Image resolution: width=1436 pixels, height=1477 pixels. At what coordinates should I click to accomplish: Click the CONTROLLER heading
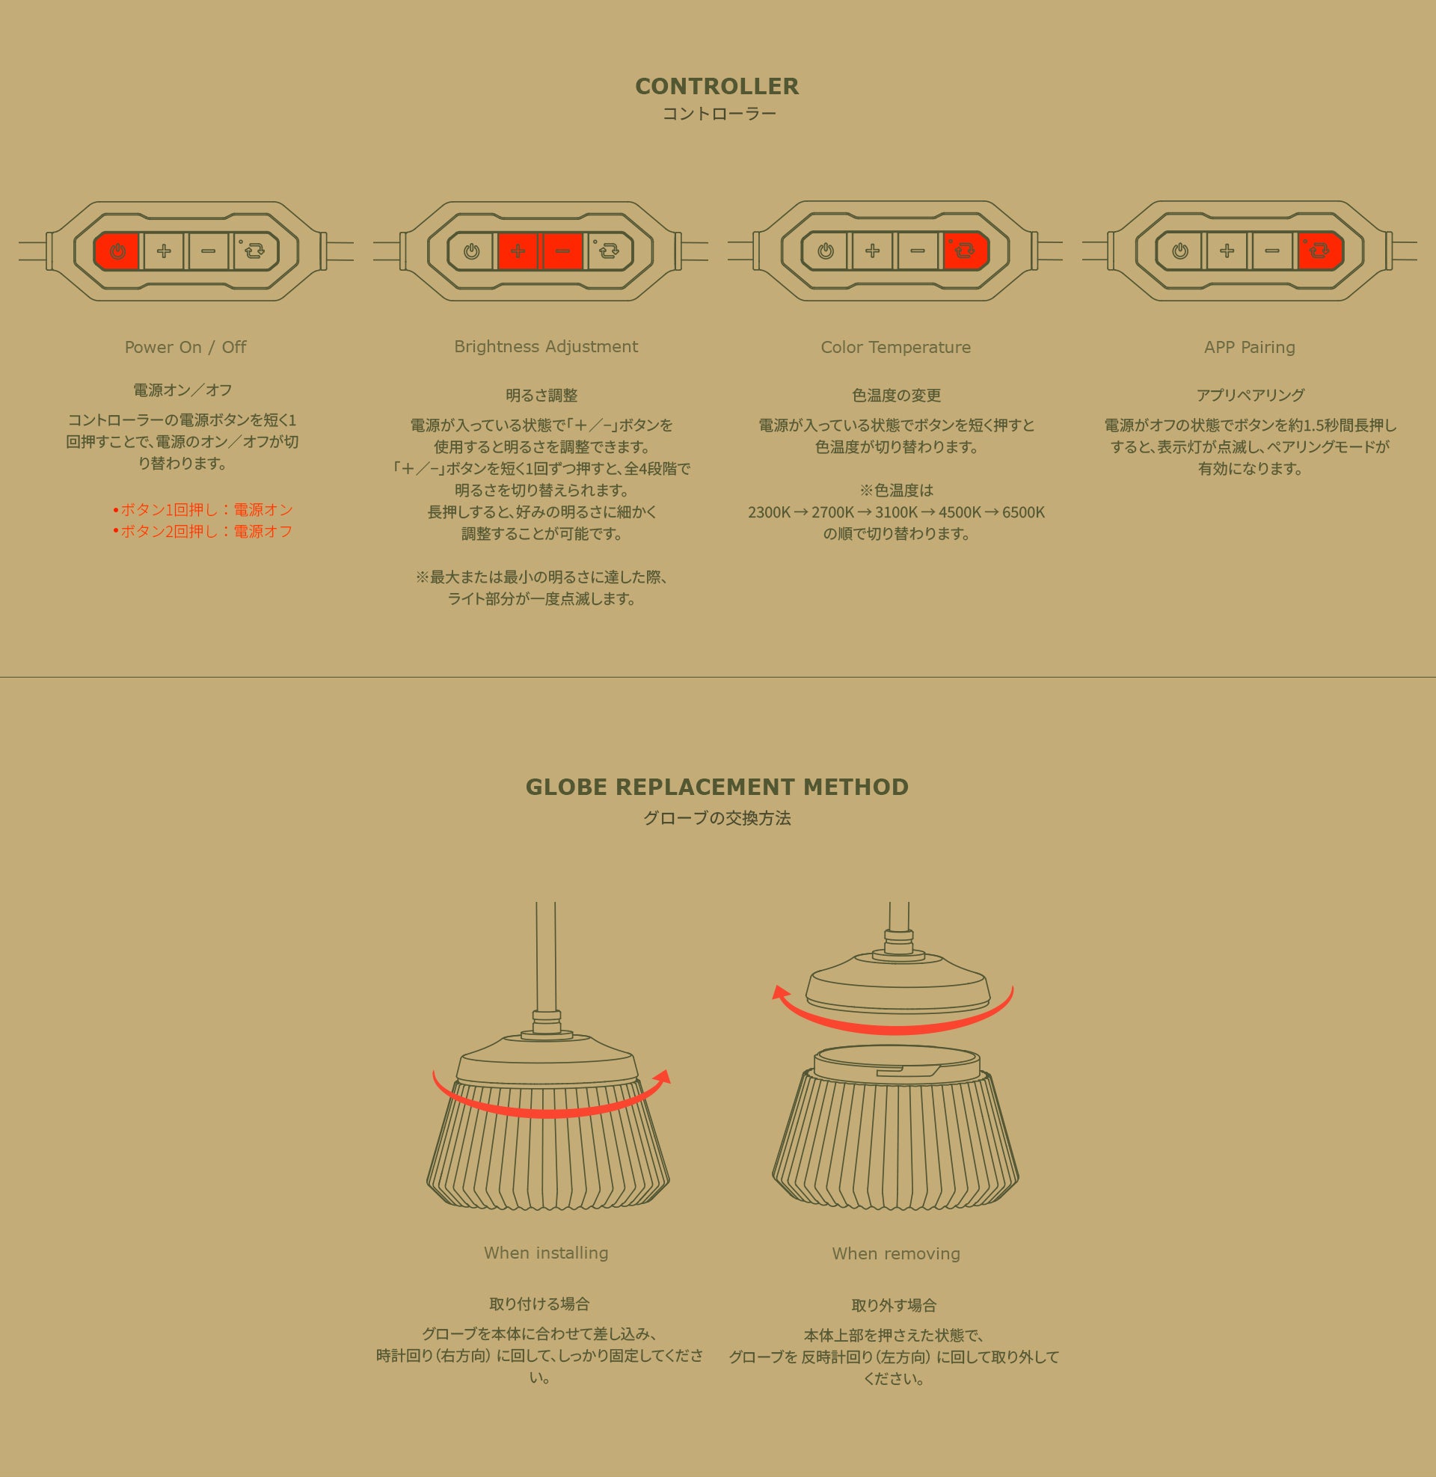coord(717,87)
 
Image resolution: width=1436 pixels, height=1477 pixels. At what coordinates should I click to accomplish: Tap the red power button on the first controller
coord(117,251)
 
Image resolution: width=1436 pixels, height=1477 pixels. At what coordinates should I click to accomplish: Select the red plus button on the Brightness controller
coord(518,251)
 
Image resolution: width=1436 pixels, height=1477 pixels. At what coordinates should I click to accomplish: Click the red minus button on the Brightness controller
coord(562,251)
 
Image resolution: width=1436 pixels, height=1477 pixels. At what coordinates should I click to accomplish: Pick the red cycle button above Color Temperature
coord(966,251)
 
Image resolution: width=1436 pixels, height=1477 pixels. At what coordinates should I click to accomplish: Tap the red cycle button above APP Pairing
coord(1320,251)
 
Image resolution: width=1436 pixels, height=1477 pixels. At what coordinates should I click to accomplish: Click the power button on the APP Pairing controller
coord(1180,251)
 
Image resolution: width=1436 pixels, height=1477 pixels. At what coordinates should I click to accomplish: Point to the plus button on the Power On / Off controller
coord(164,251)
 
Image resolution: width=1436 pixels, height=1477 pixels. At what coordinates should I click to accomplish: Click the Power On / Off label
coord(185,347)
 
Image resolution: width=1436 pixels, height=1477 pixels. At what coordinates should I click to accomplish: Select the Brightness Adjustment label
coord(546,347)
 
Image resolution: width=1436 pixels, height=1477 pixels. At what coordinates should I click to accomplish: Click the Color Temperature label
coord(896,348)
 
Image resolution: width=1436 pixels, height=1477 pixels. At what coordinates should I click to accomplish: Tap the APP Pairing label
coord(1250,348)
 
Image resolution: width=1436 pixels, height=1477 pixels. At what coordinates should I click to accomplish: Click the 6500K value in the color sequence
coord(1023,513)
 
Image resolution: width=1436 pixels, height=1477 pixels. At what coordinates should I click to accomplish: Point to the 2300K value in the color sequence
coord(770,513)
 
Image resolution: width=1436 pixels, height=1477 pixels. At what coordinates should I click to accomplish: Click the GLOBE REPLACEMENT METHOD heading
coord(717,787)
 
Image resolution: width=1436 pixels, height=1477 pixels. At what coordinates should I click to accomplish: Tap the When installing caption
coord(546,1253)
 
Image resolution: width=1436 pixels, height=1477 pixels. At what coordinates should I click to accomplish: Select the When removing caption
coord(896,1254)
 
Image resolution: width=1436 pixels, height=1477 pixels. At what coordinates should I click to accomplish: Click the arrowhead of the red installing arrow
coord(661,1077)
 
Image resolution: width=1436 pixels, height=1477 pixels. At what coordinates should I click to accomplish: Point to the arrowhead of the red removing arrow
coord(781,992)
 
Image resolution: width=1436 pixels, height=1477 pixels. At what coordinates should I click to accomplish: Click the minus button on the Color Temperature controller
coord(917,251)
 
